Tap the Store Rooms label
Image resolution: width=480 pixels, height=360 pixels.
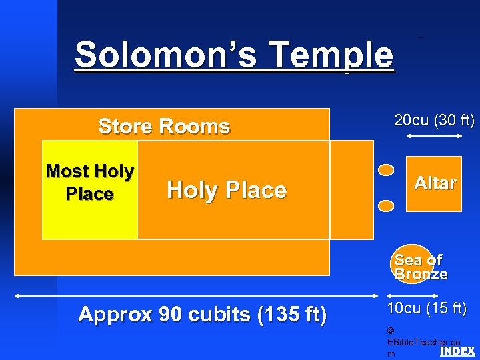coord(164,126)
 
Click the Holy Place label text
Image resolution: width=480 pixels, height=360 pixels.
coord(227,191)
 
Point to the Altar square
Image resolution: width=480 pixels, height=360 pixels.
coord(434,184)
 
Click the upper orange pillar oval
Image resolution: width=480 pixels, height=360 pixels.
coord(386,170)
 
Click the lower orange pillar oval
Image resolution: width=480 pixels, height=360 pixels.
coord(386,205)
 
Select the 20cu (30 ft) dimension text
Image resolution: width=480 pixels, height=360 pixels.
coord(434,121)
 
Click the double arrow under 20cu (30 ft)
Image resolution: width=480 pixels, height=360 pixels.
coord(434,136)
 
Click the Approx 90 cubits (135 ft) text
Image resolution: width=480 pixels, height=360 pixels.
coord(202,315)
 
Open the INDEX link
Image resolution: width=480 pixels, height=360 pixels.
coord(457,351)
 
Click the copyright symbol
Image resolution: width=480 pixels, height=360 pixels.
coord(390,331)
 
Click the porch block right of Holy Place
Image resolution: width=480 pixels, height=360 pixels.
coord(351,189)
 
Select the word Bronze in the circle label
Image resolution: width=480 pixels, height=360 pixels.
coord(421,274)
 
